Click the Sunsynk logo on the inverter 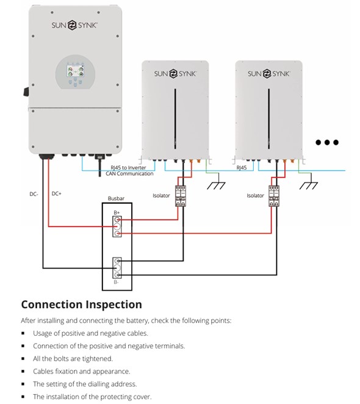coord(74,25)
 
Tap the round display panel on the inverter coord(75,72)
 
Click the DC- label coord(34,194)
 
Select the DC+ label coord(56,193)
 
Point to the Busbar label coord(116,198)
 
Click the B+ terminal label coord(117,212)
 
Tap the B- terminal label coord(116,282)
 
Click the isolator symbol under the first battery coord(181,196)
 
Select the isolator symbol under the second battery coord(274,196)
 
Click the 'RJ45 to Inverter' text coord(128,168)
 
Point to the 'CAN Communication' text coord(129,174)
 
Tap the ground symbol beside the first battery coord(216,181)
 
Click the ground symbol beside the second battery coord(309,181)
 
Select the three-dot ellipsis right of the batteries coord(327,142)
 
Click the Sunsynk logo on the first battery coord(175,74)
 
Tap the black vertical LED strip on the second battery coord(268,119)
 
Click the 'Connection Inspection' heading coord(81,305)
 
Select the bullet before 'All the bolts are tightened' coord(23,358)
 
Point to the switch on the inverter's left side coord(26,92)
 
